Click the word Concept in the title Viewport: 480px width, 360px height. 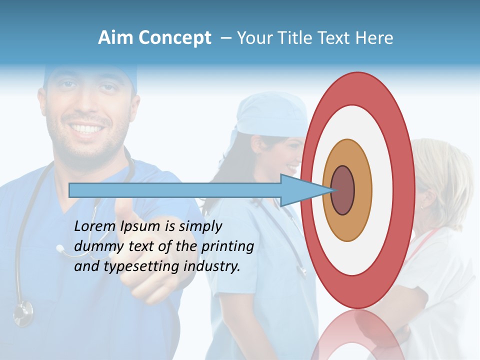coord(173,38)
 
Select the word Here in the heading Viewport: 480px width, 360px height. coord(374,38)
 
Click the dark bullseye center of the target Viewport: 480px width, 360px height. coord(342,190)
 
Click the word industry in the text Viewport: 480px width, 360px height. coord(212,266)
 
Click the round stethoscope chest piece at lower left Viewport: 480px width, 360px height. coord(22,312)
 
